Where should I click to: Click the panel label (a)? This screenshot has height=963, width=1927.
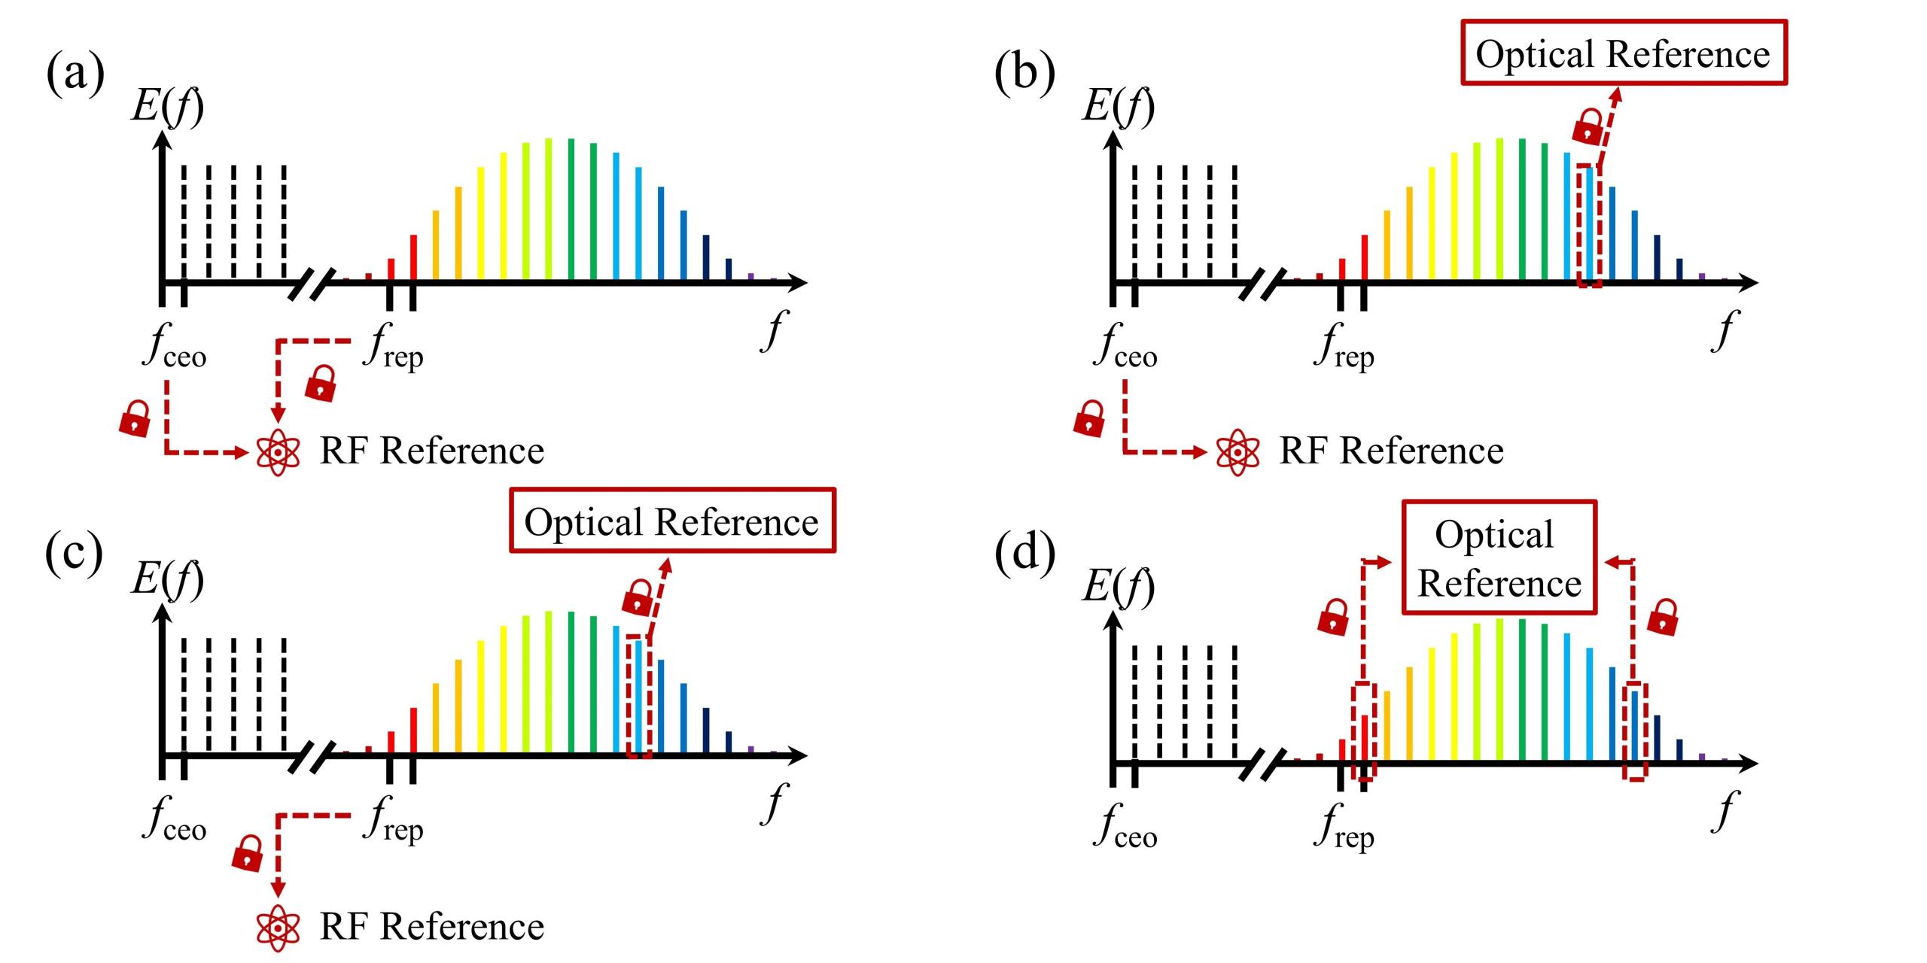pos(75,74)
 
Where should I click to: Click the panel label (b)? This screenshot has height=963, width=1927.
pos(1024,74)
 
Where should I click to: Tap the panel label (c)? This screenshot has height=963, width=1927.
pos(74,554)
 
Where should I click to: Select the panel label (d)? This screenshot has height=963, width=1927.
pos(1024,554)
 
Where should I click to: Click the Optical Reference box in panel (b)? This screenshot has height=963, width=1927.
pos(1624,53)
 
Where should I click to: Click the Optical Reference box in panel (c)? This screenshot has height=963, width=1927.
pos(672,521)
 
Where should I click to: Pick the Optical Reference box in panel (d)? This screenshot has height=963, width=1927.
pos(1499,557)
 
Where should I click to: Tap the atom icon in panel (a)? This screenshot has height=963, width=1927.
pos(279,452)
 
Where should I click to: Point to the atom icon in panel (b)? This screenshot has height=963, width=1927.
pos(1237,452)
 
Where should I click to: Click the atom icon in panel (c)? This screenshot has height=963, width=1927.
pos(279,927)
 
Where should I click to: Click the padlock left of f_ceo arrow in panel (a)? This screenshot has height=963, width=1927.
pos(135,418)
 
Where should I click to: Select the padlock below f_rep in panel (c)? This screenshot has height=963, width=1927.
pos(247,852)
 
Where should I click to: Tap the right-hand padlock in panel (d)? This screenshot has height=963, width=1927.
pos(1663,617)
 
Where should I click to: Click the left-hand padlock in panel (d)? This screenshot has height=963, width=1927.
pos(1333,617)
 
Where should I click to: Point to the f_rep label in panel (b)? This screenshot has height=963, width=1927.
pos(1344,348)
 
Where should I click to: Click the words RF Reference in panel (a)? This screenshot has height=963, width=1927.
pos(431,451)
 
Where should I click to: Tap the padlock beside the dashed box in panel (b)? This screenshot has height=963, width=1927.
pos(1588,126)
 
